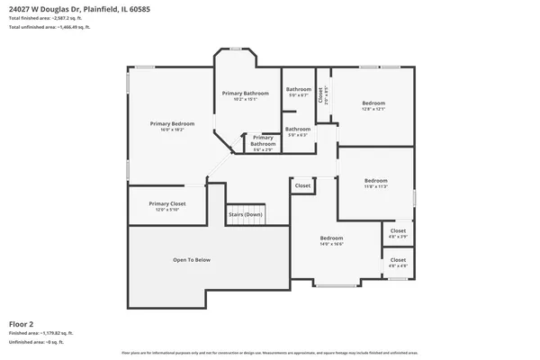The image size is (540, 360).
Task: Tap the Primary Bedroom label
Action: click(x=172, y=123)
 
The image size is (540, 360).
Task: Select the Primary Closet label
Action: click(x=167, y=204)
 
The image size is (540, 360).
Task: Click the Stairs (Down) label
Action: click(x=246, y=214)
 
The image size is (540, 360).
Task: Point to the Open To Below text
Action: click(x=192, y=260)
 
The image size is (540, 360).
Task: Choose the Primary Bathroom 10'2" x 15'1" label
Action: click(x=246, y=94)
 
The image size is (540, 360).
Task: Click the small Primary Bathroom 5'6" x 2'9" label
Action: click(x=263, y=141)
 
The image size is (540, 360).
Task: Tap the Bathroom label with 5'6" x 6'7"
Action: click(x=298, y=90)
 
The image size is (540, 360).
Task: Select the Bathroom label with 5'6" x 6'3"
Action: click(x=298, y=130)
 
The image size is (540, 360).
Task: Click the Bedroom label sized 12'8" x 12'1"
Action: click(x=373, y=104)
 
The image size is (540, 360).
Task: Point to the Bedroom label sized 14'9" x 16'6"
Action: click(x=332, y=239)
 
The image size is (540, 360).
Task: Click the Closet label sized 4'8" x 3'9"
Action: click(x=398, y=232)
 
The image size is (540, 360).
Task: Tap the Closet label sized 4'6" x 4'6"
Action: click(x=398, y=262)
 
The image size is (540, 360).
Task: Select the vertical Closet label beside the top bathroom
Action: click(x=322, y=94)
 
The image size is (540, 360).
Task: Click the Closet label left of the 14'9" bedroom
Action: click(x=302, y=185)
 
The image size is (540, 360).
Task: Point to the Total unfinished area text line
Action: click(x=49, y=28)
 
